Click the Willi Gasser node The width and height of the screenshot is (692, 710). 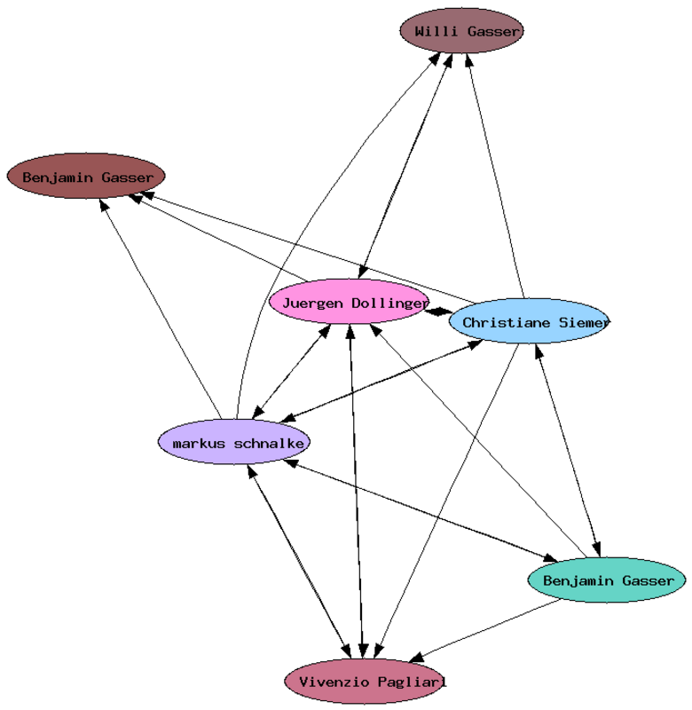click(x=460, y=32)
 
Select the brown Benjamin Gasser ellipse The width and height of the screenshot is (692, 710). click(x=86, y=177)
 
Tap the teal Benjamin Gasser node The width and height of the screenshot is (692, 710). click(x=607, y=581)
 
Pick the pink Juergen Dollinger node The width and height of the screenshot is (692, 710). click(x=349, y=304)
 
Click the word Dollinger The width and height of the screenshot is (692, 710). click(x=389, y=304)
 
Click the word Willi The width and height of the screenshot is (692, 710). click(x=435, y=32)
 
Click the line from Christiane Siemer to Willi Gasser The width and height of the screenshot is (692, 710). click(x=497, y=177)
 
